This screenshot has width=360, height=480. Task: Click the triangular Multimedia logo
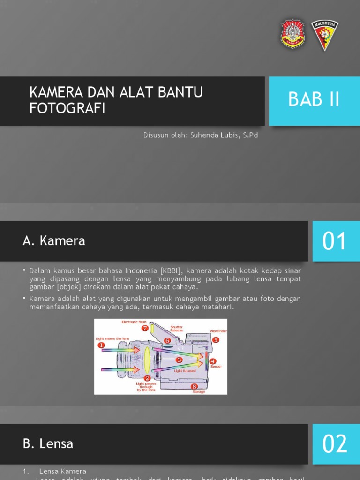point(325,34)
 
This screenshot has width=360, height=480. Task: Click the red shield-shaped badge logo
point(292,34)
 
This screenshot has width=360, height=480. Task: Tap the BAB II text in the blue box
point(314,100)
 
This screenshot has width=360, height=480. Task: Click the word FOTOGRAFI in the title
point(67,108)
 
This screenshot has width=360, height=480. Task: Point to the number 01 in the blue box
point(335,241)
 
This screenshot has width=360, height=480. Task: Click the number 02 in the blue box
point(335,444)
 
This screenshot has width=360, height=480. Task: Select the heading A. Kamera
point(54,241)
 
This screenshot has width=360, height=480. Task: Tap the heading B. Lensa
point(48,443)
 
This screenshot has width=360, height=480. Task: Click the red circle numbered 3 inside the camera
point(179,360)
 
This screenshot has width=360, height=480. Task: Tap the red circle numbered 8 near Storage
point(194,386)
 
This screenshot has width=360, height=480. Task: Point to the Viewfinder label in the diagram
point(218,331)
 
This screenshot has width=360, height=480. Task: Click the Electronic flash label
point(134,322)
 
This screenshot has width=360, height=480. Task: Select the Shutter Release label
point(177,329)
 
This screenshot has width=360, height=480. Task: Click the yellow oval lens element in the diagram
point(147,359)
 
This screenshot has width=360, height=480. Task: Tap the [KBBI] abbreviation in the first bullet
point(172,271)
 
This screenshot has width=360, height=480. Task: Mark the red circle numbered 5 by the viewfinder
point(216,340)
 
